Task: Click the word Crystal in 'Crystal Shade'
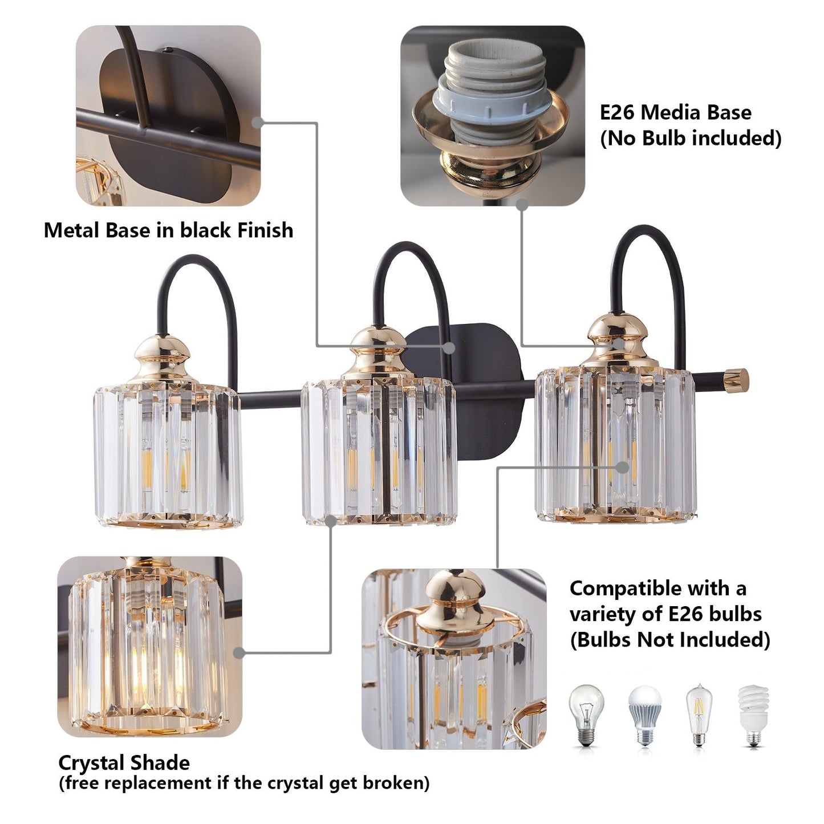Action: point(91,762)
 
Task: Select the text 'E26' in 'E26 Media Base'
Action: point(616,112)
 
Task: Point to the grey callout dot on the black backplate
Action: point(449,347)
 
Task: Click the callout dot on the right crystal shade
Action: point(623,467)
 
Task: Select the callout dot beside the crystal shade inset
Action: point(239,653)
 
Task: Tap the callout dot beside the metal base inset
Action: point(258,122)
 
